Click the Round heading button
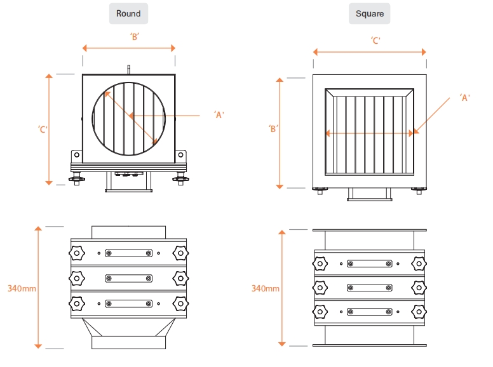pos(128,13)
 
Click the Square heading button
pos(370,13)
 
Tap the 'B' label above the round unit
pos(134,37)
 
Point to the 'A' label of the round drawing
pos(220,115)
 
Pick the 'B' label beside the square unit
pos(273,129)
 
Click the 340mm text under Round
pos(22,288)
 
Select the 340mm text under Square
pos(265,288)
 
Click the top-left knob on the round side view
pos(76,253)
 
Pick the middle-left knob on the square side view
pos(321,287)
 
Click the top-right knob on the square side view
pos(418,264)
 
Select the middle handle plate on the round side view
pos(128,278)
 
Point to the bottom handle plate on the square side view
pos(369,312)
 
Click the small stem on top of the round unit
pos(128,68)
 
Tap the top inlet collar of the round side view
pos(128,232)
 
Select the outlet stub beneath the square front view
pos(369,194)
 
